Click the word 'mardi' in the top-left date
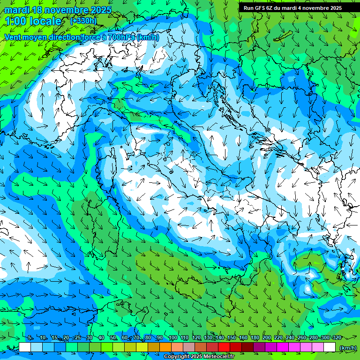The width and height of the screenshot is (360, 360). [x=16, y=10]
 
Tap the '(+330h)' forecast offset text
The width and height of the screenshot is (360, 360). [x=83, y=21]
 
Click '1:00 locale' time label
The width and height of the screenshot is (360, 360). [x=33, y=22]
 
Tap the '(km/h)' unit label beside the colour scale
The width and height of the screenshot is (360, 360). [x=347, y=347]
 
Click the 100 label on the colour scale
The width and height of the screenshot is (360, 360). [x=172, y=337]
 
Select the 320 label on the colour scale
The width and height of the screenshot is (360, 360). [x=337, y=337]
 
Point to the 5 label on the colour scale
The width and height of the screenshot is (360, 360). [x=30, y=337]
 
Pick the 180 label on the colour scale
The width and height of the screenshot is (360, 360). [x=255, y=337]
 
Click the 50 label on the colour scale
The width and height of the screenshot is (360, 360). [x=112, y=337]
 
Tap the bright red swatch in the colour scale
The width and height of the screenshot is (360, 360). [x=224, y=347]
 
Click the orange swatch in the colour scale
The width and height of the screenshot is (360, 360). [x=165, y=347]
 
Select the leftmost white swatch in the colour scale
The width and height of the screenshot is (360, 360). [x=25, y=347]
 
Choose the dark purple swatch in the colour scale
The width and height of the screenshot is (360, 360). [x=259, y=347]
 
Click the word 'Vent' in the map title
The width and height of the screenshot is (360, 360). [x=14, y=37]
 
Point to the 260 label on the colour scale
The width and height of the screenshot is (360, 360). [x=301, y=337]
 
